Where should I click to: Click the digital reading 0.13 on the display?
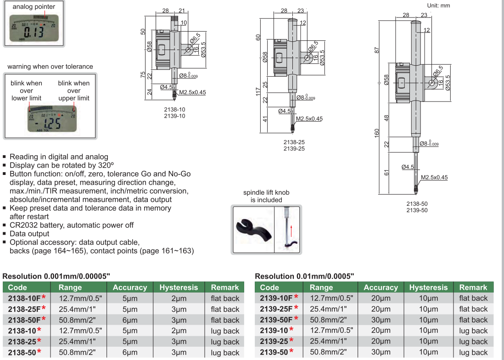click(x=34, y=33)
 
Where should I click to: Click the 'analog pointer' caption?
click(x=34, y=6)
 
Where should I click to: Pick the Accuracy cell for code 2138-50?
click(x=129, y=353)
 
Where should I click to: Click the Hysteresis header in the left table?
click(x=179, y=287)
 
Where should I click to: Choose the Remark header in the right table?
click(x=473, y=287)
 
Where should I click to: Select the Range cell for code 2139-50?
click(x=328, y=353)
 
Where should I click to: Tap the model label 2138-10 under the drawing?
click(x=174, y=109)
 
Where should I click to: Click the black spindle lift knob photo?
click(x=252, y=227)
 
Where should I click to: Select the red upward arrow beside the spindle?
click(x=291, y=229)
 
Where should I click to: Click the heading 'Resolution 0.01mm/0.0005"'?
click(x=304, y=276)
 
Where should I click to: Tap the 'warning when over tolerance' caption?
click(x=50, y=67)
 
